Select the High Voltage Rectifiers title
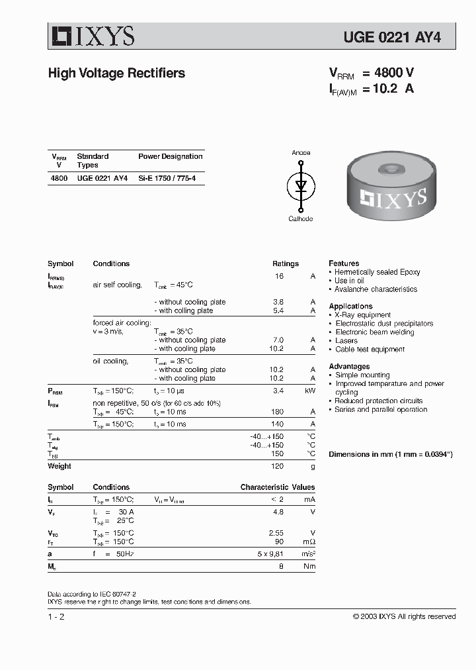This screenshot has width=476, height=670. pos(116,73)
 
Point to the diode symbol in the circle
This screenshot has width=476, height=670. pos(301,185)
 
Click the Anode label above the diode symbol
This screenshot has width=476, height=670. pos(301,153)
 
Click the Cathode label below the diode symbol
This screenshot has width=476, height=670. pos(301,218)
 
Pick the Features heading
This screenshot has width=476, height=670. pos(344,263)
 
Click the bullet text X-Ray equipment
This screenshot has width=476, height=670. pos(363,315)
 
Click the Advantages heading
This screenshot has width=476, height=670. pos(349,366)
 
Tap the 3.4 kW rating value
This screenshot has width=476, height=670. pos(278,391)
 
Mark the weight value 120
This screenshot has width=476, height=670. pos(277,466)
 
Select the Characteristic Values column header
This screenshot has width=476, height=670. pos(277,487)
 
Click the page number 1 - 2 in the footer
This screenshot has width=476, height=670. pos(56,616)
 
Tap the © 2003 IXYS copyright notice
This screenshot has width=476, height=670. pos(403,616)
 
